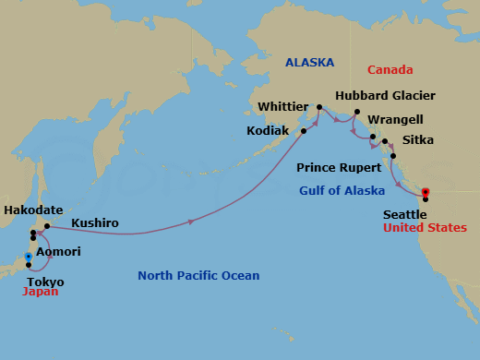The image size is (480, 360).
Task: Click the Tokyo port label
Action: [x=46, y=282]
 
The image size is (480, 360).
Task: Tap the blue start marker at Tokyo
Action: [x=29, y=257]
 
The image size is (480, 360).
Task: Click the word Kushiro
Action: [x=95, y=224]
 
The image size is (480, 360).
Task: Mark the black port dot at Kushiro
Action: [x=47, y=225]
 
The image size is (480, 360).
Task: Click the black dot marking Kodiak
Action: [x=304, y=131]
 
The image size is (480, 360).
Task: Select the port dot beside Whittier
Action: [x=319, y=108]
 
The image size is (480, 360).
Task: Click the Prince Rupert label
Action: [x=339, y=168]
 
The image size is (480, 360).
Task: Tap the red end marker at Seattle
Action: [x=426, y=193]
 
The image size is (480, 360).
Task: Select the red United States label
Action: [x=426, y=228]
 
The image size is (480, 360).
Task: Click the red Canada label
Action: [x=389, y=70]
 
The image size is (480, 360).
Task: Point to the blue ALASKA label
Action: [x=309, y=62]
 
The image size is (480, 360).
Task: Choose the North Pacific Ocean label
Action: [x=198, y=275]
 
